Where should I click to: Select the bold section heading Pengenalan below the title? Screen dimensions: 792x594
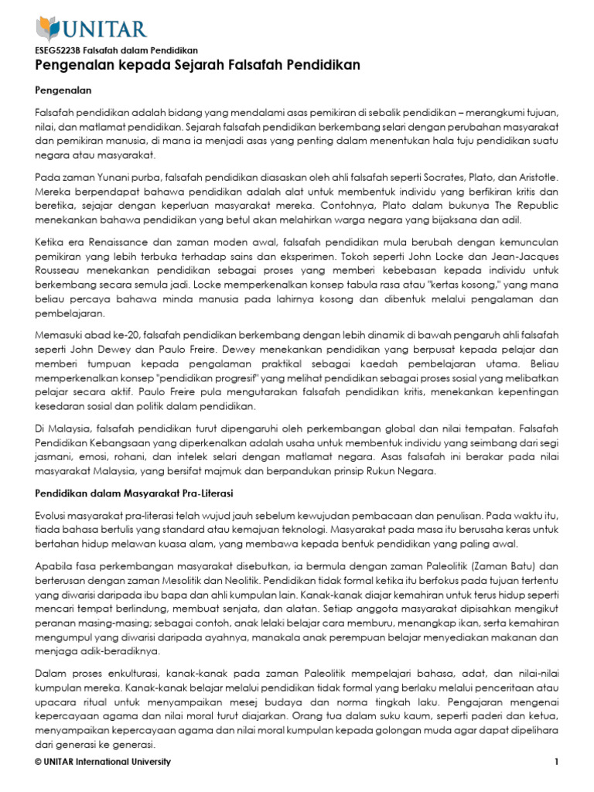click(x=64, y=90)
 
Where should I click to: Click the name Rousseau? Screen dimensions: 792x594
click(x=63, y=271)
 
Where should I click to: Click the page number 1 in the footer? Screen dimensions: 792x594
click(x=555, y=763)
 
